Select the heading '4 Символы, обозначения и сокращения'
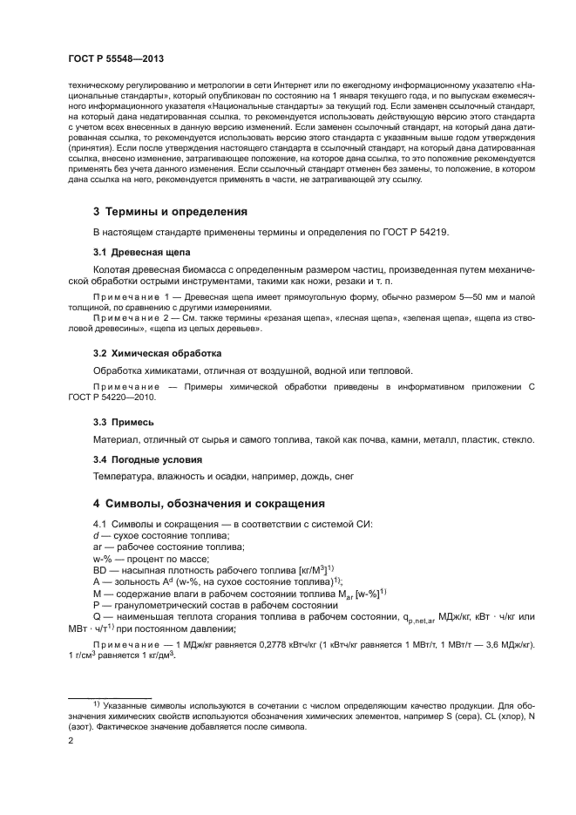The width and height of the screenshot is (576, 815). click(208, 504)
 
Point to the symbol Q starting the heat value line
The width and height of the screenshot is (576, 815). click(98, 615)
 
